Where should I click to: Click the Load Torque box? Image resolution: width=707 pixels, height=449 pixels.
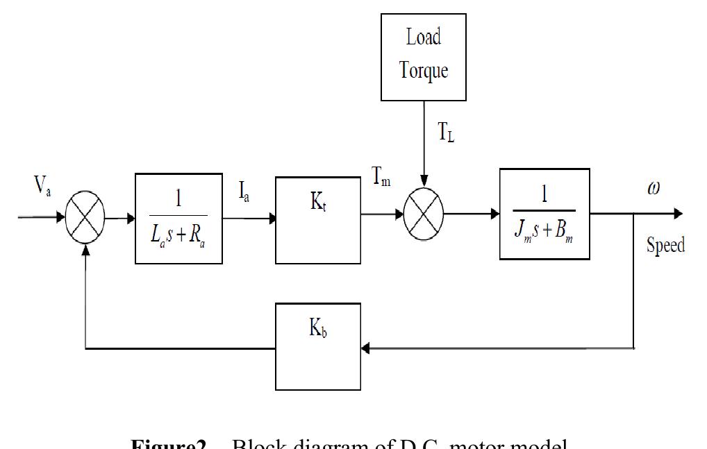pos(423,56)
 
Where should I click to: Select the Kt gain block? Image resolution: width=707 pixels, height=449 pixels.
pos(318,220)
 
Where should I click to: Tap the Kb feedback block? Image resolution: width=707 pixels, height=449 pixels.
pos(317,346)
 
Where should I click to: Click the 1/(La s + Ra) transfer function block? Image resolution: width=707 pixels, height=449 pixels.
pos(178,219)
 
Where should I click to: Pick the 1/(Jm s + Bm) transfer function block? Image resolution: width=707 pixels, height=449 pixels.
pos(544,214)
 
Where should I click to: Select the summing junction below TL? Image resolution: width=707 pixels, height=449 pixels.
pos(424,214)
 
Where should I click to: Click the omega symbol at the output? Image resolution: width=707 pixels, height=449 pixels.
pos(654,189)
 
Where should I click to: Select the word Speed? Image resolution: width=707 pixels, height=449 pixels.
pos(665,245)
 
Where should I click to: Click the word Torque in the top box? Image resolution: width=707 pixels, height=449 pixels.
pos(423,70)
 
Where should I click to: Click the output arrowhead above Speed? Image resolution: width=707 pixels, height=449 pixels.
pos(677,214)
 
